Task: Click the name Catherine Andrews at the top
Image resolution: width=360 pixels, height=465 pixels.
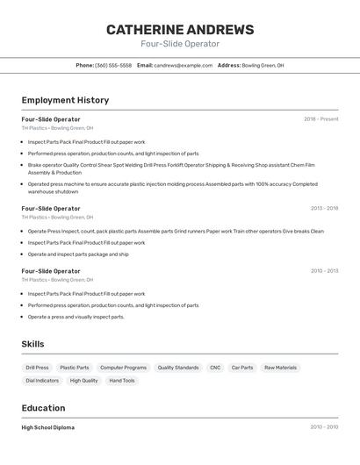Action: click(180, 30)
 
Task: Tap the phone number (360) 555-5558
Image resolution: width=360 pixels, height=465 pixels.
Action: click(113, 65)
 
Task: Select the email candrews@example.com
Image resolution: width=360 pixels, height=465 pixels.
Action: click(184, 65)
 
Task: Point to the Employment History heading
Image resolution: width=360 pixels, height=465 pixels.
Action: click(65, 100)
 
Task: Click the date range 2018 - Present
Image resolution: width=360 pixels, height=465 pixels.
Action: click(320, 119)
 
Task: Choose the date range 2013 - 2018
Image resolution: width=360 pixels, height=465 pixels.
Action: click(324, 209)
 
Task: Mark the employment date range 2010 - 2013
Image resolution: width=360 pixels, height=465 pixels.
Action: click(324, 271)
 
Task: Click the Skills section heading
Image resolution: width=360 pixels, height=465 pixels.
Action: click(32, 344)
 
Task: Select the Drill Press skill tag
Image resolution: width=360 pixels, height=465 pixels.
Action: click(37, 368)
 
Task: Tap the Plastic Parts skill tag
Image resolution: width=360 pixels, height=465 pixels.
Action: click(74, 368)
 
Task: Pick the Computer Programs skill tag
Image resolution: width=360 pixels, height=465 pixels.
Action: click(123, 368)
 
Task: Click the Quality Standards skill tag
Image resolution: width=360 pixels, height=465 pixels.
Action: click(178, 368)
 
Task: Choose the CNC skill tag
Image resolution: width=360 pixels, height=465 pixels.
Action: click(215, 368)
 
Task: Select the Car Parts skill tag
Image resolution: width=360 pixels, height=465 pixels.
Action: click(241, 368)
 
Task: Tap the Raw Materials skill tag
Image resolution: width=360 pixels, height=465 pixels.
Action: click(280, 368)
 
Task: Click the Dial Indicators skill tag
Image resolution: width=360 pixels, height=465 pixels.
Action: click(42, 381)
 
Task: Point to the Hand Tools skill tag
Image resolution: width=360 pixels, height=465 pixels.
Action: click(122, 381)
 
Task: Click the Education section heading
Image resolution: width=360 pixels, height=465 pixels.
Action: click(43, 408)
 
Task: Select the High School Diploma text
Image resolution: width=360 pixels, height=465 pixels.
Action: click(48, 427)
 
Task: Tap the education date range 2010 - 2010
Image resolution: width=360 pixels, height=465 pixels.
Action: click(324, 427)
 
